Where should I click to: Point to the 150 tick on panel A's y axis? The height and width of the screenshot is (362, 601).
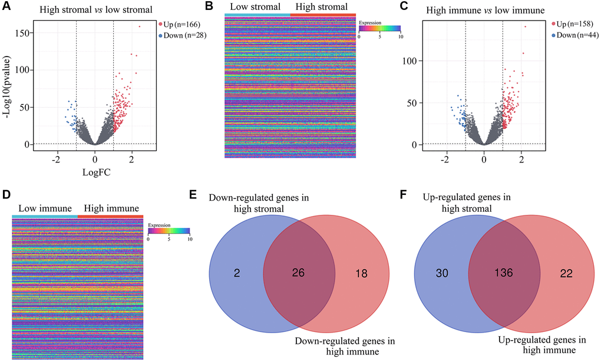pyautogui.click(x=25, y=33)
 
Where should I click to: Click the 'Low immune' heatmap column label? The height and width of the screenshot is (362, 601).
pyautogui.click(x=45, y=208)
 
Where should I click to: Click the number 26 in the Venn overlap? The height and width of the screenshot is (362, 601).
pyautogui.click(x=300, y=273)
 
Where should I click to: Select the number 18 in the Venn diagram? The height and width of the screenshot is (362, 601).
pyautogui.click(x=360, y=273)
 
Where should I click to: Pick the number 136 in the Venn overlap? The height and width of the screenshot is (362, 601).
pyautogui.click(x=504, y=273)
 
